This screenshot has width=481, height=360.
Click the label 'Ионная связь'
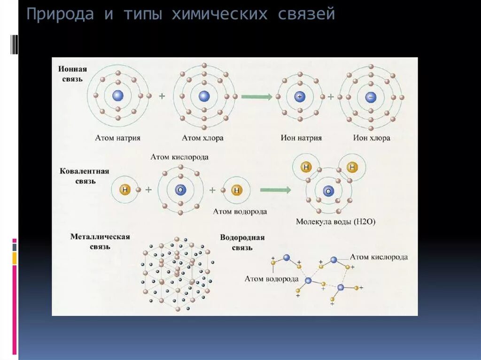point(72,74)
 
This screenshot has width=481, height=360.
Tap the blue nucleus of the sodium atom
point(117,96)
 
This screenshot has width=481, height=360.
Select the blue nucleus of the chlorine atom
point(204,96)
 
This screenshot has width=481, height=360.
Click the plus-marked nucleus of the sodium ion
point(300,97)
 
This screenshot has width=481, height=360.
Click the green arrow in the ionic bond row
point(256,97)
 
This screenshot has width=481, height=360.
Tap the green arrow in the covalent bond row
point(275,190)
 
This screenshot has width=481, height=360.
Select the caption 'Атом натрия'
point(117,138)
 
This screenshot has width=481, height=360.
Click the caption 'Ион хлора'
point(372,138)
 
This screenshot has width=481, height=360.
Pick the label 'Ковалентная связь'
point(84,176)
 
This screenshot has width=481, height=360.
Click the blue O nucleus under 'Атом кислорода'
point(180,190)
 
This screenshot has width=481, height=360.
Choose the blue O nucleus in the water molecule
point(328,191)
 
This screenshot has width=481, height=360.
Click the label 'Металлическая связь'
point(100,241)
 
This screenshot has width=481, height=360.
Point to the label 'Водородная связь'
point(242,242)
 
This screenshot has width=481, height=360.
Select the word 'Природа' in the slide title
point(59,15)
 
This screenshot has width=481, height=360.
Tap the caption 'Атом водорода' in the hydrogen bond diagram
point(272,279)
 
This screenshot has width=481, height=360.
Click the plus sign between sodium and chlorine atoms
point(162,96)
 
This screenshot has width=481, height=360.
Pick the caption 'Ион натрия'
point(301,138)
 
